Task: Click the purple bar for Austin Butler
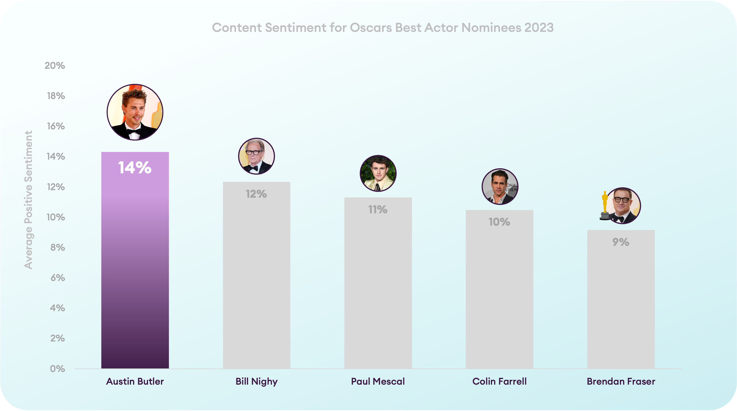pyautogui.click(x=135, y=260)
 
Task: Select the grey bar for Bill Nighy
pyautogui.click(x=257, y=275)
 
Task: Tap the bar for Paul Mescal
pyautogui.click(x=378, y=283)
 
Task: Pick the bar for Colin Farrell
pyautogui.click(x=499, y=289)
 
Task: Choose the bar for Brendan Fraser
pyautogui.click(x=621, y=299)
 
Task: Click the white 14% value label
pyautogui.click(x=135, y=168)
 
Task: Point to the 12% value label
pyautogui.click(x=256, y=194)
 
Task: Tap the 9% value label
pyautogui.click(x=621, y=242)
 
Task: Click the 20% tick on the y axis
pyautogui.click(x=55, y=66)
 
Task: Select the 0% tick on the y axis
pyautogui.click(x=58, y=369)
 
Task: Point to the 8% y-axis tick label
pyautogui.click(x=58, y=247)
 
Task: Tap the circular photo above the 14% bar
pyautogui.click(x=135, y=112)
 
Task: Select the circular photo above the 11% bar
pyautogui.click(x=378, y=173)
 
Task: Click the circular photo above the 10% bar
pyautogui.click(x=500, y=186)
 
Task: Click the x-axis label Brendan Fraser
pyautogui.click(x=621, y=381)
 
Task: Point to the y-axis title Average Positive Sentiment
pyautogui.click(x=28, y=200)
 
